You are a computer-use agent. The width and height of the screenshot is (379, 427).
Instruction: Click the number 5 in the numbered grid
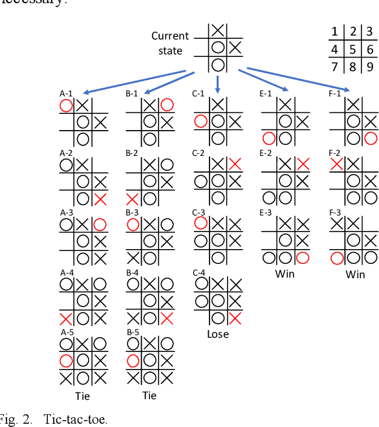coord(352,50)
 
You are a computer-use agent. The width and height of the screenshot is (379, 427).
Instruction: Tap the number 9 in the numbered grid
coord(369,67)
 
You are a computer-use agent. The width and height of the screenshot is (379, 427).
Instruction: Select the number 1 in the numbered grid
coord(335,32)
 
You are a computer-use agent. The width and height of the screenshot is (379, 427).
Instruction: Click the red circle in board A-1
coord(66,105)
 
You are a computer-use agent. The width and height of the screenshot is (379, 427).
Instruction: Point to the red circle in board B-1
coord(167,105)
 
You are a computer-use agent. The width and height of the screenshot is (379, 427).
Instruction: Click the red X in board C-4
coord(235,317)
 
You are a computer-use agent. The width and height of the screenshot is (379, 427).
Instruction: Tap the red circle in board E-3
coord(302,258)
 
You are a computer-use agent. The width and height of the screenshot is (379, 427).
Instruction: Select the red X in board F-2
coord(336,164)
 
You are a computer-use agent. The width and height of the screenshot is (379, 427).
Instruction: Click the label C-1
coord(199,94)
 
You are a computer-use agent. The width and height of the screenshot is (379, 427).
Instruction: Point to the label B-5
coord(133,332)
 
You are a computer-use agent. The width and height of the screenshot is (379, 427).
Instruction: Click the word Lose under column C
coord(218,334)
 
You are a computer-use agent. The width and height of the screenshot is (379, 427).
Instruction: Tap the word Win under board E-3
coord(285,274)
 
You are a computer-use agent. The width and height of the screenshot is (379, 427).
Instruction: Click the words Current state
coord(170,43)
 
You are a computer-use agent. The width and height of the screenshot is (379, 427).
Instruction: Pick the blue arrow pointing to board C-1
coord(218,83)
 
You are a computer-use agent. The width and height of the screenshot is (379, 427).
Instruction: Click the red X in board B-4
coord(167,317)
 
